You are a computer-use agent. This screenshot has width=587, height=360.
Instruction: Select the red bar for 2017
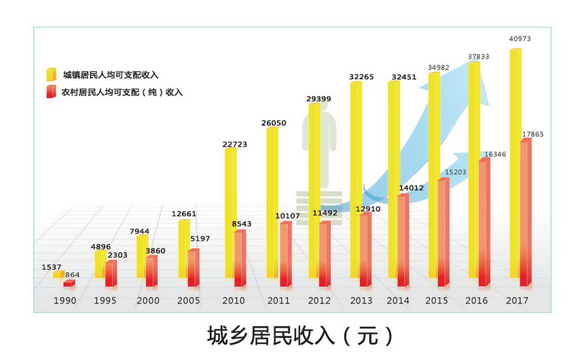coord(525,213)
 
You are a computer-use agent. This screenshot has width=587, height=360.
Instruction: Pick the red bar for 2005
coord(192,268)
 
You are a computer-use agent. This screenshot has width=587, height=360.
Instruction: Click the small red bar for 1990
coord(68,283)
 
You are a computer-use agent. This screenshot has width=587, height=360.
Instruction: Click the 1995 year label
coord(106,301)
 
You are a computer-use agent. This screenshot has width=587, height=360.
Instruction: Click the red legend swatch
coord(51,92)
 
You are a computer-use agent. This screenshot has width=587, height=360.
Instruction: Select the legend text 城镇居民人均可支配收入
coord(110,75)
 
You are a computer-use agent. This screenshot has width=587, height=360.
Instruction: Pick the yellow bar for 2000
coord(142,260)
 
